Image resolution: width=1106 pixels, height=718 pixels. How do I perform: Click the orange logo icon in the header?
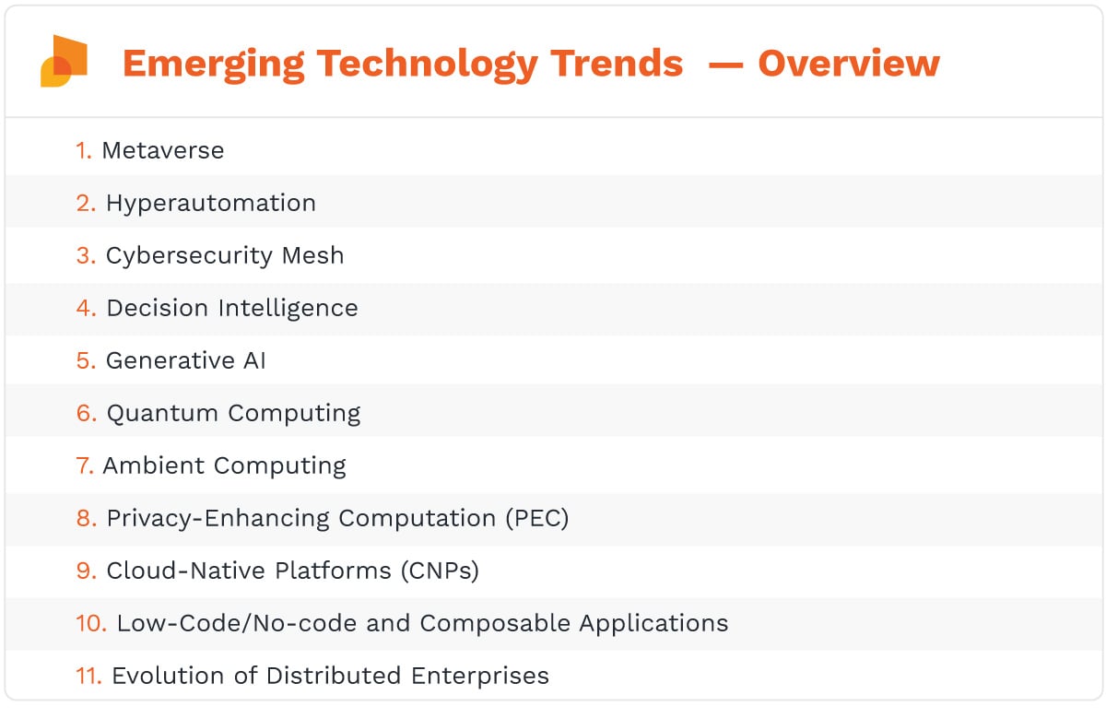click(x=64, y=62)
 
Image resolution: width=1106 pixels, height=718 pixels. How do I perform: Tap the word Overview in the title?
click(x=848, y=63)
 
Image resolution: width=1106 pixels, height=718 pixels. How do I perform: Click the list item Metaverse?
click(x=163, y=150)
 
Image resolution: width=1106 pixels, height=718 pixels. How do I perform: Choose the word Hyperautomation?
click(x=211, y=203)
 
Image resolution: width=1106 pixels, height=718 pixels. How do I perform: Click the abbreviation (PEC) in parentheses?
click(x=536, y=518)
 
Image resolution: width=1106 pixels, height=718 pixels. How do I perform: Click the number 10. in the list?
click(x=91, y=623)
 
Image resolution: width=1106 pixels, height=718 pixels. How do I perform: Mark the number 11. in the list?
click(x=88, y=676)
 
